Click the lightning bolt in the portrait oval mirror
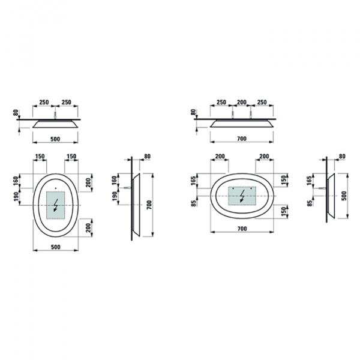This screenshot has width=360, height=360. (x=56, y=205)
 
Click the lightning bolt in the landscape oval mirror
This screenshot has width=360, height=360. (x=242, y=196)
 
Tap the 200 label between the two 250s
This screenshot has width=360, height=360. (x=242, y=102)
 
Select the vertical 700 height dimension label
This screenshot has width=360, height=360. (x=149, y=205)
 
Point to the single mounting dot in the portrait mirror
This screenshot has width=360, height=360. (x=56, y=188)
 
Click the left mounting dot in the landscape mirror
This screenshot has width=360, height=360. (x=233, y=188)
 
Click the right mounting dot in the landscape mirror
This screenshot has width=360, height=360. (x=251, y=188)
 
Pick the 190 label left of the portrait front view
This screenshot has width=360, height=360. (x=16, y=197)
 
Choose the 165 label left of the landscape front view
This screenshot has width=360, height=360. (x=193, y=181)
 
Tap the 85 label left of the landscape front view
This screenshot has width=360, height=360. (x=194, y=203)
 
